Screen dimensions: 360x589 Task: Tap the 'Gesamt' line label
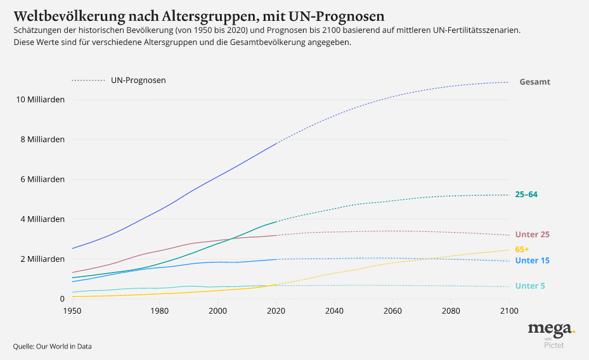click(534, 82)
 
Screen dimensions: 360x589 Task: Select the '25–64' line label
click(526, 195)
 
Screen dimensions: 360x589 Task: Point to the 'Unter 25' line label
click(532, 235)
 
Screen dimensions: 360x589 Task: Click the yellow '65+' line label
click(522, 249)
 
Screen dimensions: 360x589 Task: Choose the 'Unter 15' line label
click(532, 260)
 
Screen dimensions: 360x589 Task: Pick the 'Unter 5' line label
click(530, 286)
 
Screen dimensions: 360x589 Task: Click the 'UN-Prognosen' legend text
click(138, 80)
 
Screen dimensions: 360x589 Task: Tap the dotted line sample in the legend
click(88, 80)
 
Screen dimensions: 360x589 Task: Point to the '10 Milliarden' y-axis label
click(40, 100)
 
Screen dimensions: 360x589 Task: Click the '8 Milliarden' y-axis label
click(42, 139)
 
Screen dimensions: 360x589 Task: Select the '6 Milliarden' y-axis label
click(42, 179)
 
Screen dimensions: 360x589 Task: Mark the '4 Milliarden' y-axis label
click(42, 219)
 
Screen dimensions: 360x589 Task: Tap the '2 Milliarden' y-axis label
click(42, 259)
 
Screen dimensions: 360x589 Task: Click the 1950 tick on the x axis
click(73, 311)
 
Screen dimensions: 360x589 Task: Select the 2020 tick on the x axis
click(276, 311)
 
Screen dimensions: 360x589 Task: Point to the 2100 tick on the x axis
click(508, 311)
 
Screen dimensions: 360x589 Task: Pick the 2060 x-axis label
click(392, 311)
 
